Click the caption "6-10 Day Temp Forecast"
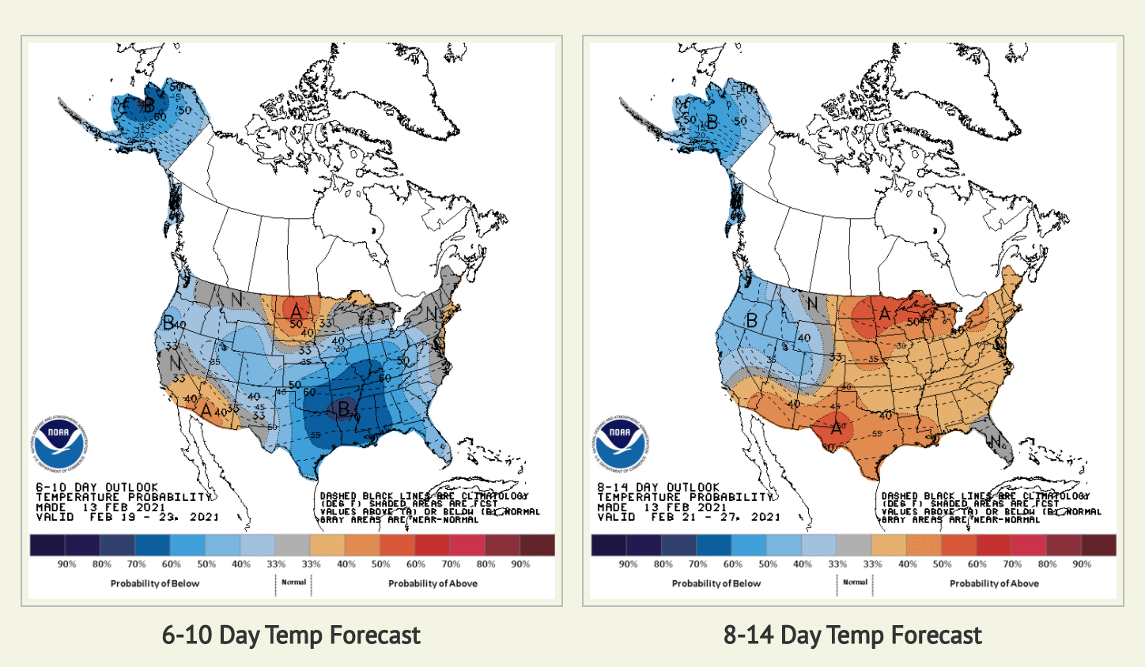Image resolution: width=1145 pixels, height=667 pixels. point(291,635)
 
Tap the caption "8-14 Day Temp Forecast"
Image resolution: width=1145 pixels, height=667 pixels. point(852,635)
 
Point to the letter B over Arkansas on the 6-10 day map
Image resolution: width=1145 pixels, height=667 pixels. point(345,409)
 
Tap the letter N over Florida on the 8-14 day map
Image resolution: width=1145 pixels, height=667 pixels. point(996,441)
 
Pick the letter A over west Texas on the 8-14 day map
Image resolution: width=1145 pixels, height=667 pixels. point(837,428)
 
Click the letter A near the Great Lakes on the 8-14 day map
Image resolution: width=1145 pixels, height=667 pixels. point(884,315)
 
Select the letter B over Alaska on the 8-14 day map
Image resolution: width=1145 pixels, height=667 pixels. point(712,122)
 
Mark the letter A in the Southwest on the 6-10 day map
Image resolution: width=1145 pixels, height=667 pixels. point(206,411)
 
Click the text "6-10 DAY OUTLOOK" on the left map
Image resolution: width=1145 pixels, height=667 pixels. point(97,487)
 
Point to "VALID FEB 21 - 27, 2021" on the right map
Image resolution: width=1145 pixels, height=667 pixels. point(688,517)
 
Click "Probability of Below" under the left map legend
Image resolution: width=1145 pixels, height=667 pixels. point(155,583)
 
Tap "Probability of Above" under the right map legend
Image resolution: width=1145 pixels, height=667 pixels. point(994,583)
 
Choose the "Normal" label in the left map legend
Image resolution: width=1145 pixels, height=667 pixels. point(293,582)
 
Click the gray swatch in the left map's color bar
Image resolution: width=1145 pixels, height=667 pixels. point(292,545)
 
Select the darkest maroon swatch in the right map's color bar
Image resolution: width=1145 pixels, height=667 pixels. point(1098,545)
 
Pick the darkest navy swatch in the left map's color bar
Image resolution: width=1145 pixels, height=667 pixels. point(47,545)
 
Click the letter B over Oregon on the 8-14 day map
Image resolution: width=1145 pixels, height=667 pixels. point(752,321)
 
